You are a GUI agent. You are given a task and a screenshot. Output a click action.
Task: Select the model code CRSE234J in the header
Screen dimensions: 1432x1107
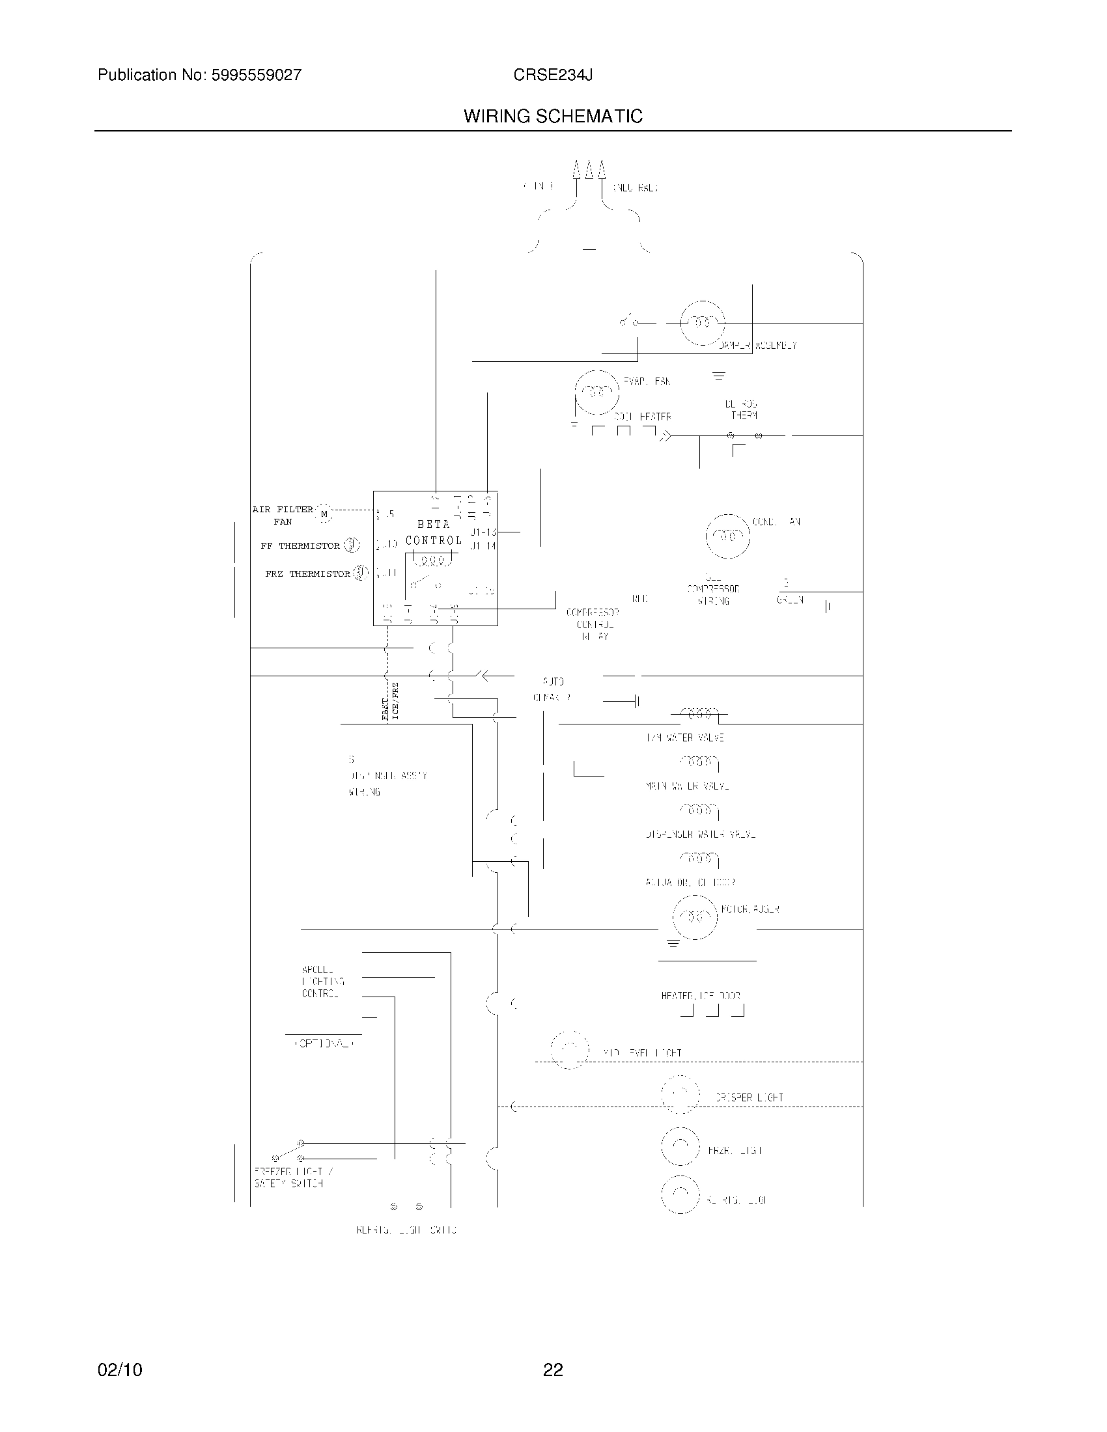(553, 76)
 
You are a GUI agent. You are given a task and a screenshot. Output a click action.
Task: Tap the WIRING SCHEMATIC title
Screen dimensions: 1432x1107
(553, 116)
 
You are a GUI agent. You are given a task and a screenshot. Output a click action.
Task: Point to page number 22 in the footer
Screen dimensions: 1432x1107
(553, 1370)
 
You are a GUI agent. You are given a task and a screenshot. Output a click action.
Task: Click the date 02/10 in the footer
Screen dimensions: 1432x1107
(120, 1370)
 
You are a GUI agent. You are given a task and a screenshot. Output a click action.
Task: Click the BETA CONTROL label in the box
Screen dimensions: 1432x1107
(434, 532)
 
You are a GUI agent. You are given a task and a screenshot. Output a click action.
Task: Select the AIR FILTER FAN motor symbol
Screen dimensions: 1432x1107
(324, 514)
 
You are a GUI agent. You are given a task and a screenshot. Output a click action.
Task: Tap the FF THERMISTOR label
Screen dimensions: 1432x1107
(300, 545)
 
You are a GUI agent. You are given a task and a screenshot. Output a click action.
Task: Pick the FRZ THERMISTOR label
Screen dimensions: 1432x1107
(307, 573)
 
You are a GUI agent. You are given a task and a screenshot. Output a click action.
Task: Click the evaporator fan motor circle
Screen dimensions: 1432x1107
(596, 392)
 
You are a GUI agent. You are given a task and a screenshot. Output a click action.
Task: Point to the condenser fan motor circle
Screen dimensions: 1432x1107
(727, 536)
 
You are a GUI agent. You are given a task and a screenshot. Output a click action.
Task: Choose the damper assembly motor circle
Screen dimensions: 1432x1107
(703, 323)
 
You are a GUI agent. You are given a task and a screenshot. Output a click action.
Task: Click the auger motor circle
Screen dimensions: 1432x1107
(695, 916)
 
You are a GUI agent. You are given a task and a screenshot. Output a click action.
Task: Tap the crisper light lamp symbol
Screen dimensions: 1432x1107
(680, 1094)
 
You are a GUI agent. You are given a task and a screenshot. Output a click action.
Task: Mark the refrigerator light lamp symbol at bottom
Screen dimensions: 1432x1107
(680, 1194)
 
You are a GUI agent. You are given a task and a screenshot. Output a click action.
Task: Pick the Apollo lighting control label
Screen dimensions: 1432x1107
(322, 982)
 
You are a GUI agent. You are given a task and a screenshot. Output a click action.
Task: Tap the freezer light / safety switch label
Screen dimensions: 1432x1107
(288, 1177)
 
